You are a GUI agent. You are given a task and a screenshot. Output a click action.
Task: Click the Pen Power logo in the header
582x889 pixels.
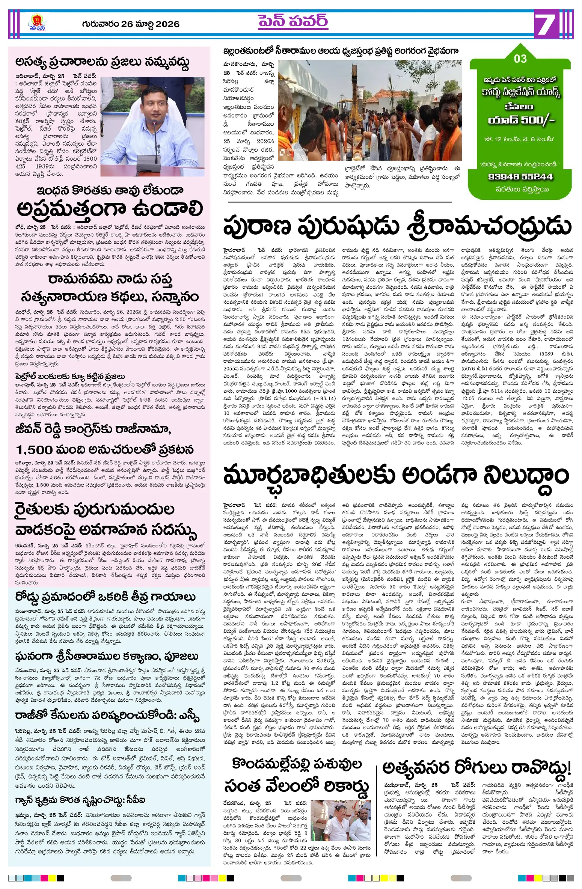coord(38,23)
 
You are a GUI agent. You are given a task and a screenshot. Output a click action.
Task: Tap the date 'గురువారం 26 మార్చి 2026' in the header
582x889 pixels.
coord(131,24)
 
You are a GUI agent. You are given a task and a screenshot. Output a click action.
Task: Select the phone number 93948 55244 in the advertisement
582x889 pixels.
coord(520,176)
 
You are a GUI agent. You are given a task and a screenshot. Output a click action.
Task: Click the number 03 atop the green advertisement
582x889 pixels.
coord(520,59)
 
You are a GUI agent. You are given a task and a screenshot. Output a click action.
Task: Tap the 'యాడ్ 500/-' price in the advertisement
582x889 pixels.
coord(520,120)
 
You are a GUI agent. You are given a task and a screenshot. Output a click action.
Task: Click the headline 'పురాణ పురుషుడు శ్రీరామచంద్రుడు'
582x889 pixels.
coord(397,226)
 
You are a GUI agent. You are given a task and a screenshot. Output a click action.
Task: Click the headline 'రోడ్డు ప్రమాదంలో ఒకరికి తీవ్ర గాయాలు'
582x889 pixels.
coord(105,597)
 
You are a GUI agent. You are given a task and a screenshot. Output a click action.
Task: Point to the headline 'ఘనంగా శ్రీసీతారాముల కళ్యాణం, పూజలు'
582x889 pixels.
coord(107,656)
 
